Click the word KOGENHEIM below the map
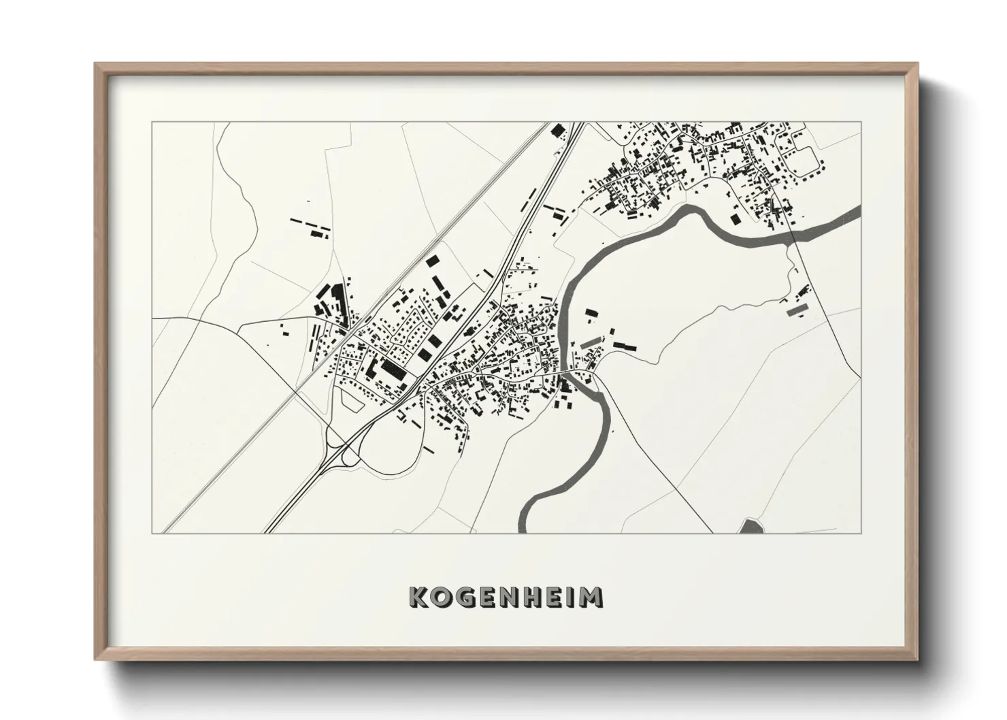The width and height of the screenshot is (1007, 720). pyautogui.click(x=506, y=597)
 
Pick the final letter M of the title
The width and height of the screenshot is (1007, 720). pyautogui.click(x=591, y=597)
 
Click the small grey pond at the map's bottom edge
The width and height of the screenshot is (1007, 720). pyautogui.click(x=750, y=526)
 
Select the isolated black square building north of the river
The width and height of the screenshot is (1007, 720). pyautogui.click(x=735, y=218)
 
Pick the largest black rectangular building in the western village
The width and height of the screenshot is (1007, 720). pyautogui.click(x=391, y=370)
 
